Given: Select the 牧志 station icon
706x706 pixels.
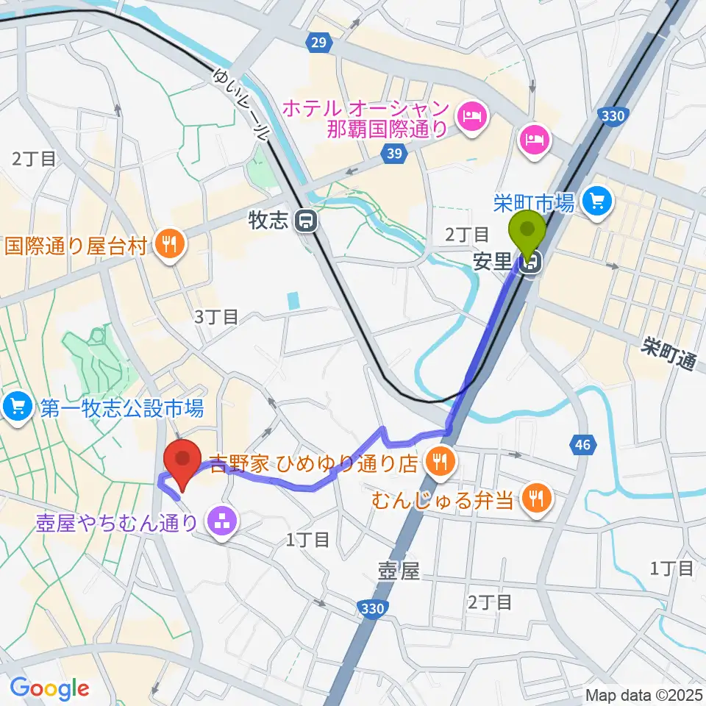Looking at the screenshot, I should (304, 221).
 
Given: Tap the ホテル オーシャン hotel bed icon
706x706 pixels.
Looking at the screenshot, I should (468, 115).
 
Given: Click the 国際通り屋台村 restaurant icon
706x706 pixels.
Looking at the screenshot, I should (170, 244).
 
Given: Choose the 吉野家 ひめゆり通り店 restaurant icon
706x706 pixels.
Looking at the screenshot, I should (439, 463).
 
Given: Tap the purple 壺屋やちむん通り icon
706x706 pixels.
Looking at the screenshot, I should (218, 524).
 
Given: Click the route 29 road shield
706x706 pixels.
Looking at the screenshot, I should (318, 43).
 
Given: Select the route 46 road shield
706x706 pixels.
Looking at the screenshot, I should (582, 443).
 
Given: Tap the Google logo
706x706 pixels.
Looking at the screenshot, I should (49, 688).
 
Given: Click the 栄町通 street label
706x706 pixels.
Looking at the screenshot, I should (668, 354).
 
